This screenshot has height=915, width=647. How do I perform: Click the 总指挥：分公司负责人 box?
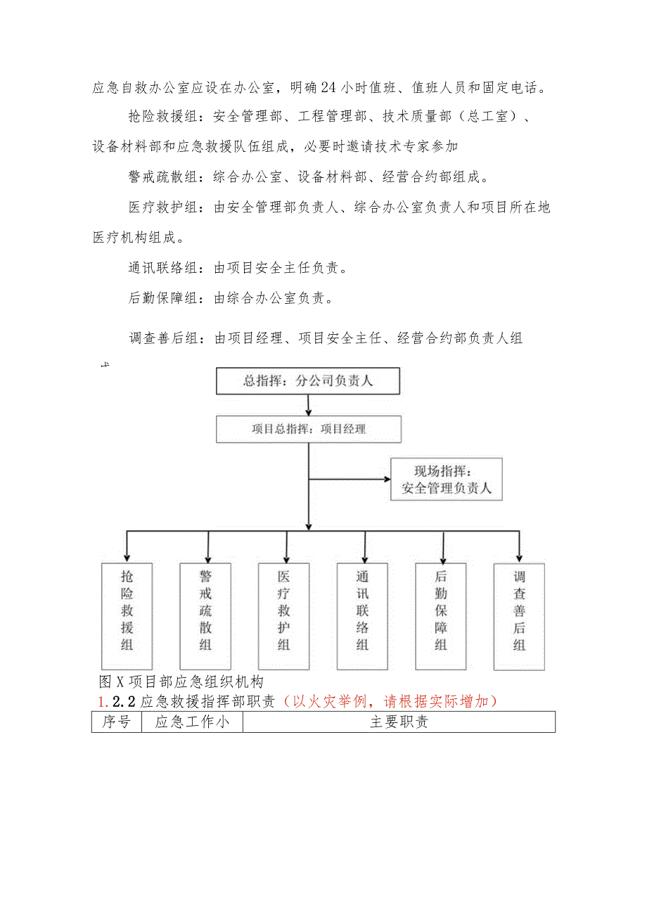click(308, 381)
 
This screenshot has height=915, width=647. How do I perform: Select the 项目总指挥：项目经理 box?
click(308, 429)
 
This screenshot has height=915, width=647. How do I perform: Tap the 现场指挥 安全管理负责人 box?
click(446, 479)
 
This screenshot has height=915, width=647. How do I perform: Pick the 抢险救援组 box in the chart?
click(127, 615)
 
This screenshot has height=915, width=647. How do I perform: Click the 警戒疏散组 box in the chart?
click(205, 615)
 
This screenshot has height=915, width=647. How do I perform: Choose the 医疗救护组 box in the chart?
click(283, 615)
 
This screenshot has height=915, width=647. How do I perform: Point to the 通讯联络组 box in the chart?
click(362, 615)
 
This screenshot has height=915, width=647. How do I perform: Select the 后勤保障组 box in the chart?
click(441, 615)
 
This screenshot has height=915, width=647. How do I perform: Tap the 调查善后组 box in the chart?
click(519, 615)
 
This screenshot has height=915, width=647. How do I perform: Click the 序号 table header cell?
click(116, 722)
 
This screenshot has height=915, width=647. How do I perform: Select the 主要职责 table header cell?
click(399, 722)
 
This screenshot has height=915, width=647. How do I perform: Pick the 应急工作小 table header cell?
click(192, 722)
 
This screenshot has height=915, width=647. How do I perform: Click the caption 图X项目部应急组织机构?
click(181, 682)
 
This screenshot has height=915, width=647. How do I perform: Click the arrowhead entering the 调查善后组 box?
click(519, 556)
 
